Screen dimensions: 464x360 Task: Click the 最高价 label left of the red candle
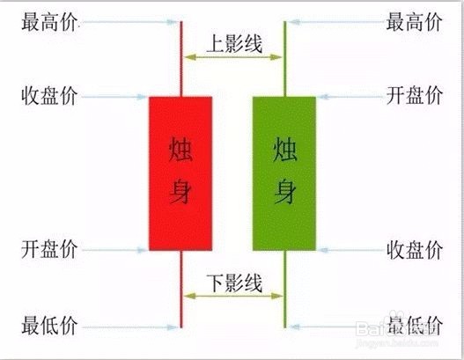tap(49, 22)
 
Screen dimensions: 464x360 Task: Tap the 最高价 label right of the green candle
tap(414, 22)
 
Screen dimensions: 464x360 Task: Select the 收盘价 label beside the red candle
tap(49, 96)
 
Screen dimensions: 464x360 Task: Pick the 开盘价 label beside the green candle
tap(415, 96)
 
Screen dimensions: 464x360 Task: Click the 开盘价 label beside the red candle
tap(49, 249)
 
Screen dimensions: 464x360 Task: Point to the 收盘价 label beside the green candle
tap(415, 250)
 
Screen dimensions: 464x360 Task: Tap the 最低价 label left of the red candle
tap(49, 326)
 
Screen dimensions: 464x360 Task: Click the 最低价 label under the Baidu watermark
tap(415, 326)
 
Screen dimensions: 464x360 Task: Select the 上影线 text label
tap(234, 44)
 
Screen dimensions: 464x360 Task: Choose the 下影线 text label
tap(234, 283)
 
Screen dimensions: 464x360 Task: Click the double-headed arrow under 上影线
tap(233, 57)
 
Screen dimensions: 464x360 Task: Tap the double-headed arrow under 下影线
tap(233, 296)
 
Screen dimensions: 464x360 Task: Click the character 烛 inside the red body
tap(180, 150)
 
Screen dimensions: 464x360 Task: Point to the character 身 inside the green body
tap(284, 192)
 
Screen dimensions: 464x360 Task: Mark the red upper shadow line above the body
tap(181, 59)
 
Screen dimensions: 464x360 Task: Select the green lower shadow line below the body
tap(285, 289)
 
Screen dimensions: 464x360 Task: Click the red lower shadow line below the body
tap(181, 289)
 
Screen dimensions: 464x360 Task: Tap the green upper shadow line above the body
tap(285, 59)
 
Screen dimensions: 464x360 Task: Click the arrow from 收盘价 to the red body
tap(114, 97)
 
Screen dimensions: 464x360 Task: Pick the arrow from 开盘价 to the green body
tap(351, 97)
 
